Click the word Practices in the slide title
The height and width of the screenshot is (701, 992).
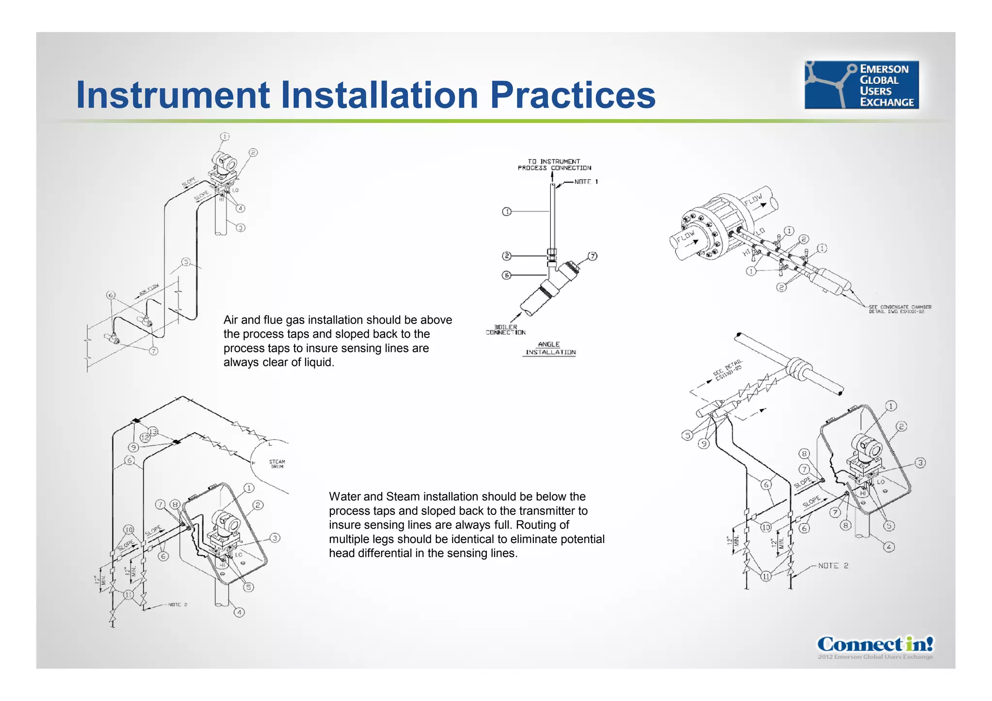coord(573,95)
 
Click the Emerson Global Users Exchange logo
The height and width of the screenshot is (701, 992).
coord(861,85)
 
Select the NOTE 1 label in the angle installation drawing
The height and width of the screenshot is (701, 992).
coord(586,182)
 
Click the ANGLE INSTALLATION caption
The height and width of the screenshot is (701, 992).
coord(550,348)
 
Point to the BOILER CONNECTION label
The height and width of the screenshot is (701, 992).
coord(506,330)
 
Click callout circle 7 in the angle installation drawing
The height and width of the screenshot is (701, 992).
coord(592,256)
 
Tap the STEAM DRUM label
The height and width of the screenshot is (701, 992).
coord(277,464)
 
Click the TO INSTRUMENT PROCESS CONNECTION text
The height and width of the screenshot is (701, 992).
coord(554,165)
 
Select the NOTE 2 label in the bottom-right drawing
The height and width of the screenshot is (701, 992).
coord(833,566)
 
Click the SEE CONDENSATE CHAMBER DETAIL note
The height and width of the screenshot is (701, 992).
coord(899,309)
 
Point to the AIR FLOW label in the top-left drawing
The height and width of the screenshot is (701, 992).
coord(149,290)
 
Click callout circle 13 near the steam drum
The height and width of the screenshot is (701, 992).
coord(153,431)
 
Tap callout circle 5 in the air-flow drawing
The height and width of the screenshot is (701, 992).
coord(186,262)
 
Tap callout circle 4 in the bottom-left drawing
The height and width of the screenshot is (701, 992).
coord(239,612)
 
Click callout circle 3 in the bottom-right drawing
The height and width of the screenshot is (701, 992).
coord(920,463)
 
